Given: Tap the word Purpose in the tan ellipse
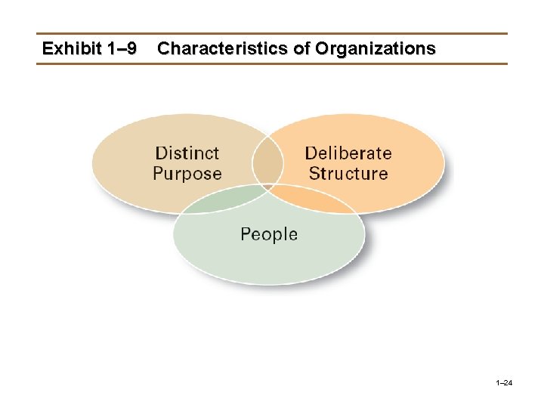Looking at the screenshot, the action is click(187, 174).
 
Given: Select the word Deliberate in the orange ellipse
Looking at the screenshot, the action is click(348, 153).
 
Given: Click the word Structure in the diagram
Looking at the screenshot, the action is click(348, 174).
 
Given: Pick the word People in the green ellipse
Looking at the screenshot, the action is click(269, 234).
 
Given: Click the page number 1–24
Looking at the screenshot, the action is click(504, 384).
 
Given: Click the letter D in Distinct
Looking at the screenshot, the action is click(159, 153).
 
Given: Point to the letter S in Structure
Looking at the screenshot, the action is click(314, 174).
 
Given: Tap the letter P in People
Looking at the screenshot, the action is click(246, 234).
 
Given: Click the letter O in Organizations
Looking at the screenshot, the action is click(323, 49).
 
